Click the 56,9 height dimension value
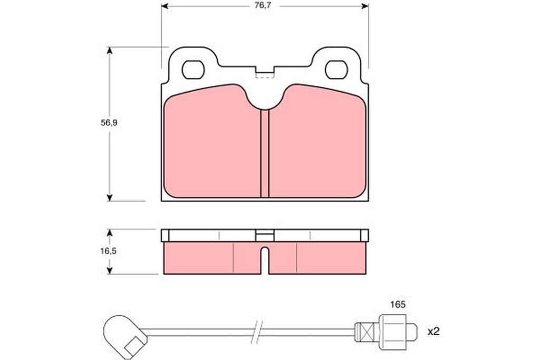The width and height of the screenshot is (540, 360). (109, 123)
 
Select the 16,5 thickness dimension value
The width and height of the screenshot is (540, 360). (109, 251)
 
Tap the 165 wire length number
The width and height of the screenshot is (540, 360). (398, 304)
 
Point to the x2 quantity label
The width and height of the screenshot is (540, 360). (433, 332)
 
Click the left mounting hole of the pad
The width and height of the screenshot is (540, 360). (193, 70)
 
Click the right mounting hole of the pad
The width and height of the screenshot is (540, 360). (336, 70)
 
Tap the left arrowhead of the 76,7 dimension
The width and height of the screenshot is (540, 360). (165, 6)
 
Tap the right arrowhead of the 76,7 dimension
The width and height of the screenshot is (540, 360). (365, 6)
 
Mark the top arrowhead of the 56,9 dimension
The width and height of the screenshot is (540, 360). (110, 50)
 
